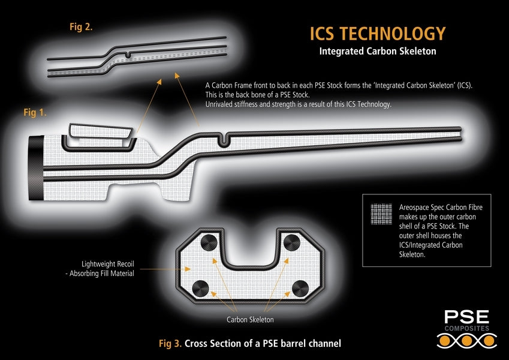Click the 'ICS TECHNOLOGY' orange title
click(x=377, y=33)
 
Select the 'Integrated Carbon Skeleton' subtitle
click(x=377, y=52)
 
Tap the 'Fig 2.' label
click(x=81, y=26)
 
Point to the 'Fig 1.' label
click(x=35, y=112)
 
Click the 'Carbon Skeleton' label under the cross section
click(x=250, y=319)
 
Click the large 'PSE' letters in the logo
click(x=466, y=317)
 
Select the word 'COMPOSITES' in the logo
click(x=466, y=329)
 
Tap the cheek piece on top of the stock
click(x=99, y=132)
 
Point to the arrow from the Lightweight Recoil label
click(x=158, y=269)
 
